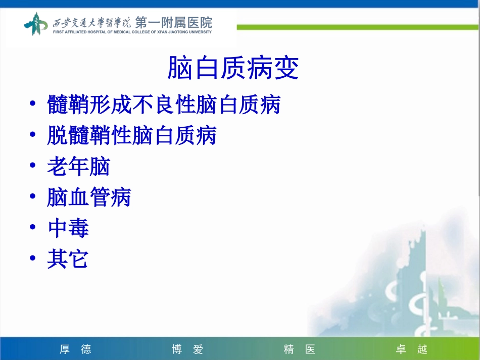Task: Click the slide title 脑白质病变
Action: click(x=233, y=69)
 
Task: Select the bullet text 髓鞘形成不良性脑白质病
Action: click(x=164, y=105)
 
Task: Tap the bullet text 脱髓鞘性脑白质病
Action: click(x=132, y=135)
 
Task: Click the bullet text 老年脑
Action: click(x=78, y=167)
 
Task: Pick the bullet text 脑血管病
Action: click(x=89, y=197)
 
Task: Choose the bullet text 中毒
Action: click(x=68, y=229)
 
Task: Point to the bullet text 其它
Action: click(x=68, y=260)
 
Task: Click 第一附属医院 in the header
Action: click(x=174, y=22)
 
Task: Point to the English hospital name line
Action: click(x=132, y=32)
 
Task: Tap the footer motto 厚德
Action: click(x=75, y=349)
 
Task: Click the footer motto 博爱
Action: click(x=187, y=349)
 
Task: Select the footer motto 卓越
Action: click(x=411, y=349)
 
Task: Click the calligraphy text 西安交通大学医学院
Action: click(x=91, y=22)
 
